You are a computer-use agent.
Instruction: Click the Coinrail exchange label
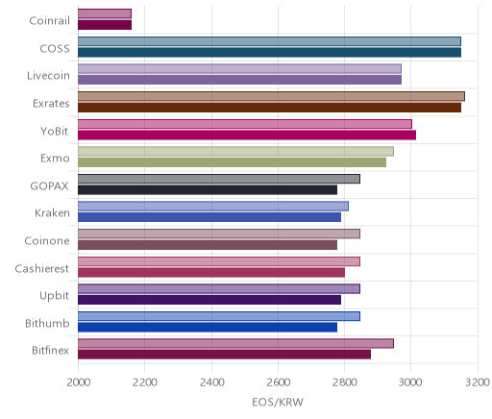click(49, 21)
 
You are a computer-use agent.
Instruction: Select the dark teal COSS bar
click(269, 53)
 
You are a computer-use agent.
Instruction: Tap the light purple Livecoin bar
click(239, 68)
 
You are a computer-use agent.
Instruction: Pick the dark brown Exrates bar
click(269, 108)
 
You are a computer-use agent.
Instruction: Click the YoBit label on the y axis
click(55, 131)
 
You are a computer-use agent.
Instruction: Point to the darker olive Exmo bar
click(232, 162)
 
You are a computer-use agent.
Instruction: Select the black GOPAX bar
click(208, 190)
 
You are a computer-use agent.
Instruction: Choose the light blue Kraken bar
click(213, 207)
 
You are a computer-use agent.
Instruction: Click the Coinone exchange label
click(47, 241)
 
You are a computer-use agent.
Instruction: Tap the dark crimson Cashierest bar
click(211, 273)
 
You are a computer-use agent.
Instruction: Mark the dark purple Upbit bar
click(209, 300)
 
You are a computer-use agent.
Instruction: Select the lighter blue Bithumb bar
click(219, 316)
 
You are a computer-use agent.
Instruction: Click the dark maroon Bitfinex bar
click(224, 355)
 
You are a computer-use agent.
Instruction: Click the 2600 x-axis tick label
click(279, 382)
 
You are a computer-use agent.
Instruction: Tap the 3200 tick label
click(478, 382)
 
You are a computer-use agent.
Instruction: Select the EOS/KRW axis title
click(278, 402)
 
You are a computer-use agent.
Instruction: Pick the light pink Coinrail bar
click(105, 13)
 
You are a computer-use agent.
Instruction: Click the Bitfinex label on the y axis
click(50, 351)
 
